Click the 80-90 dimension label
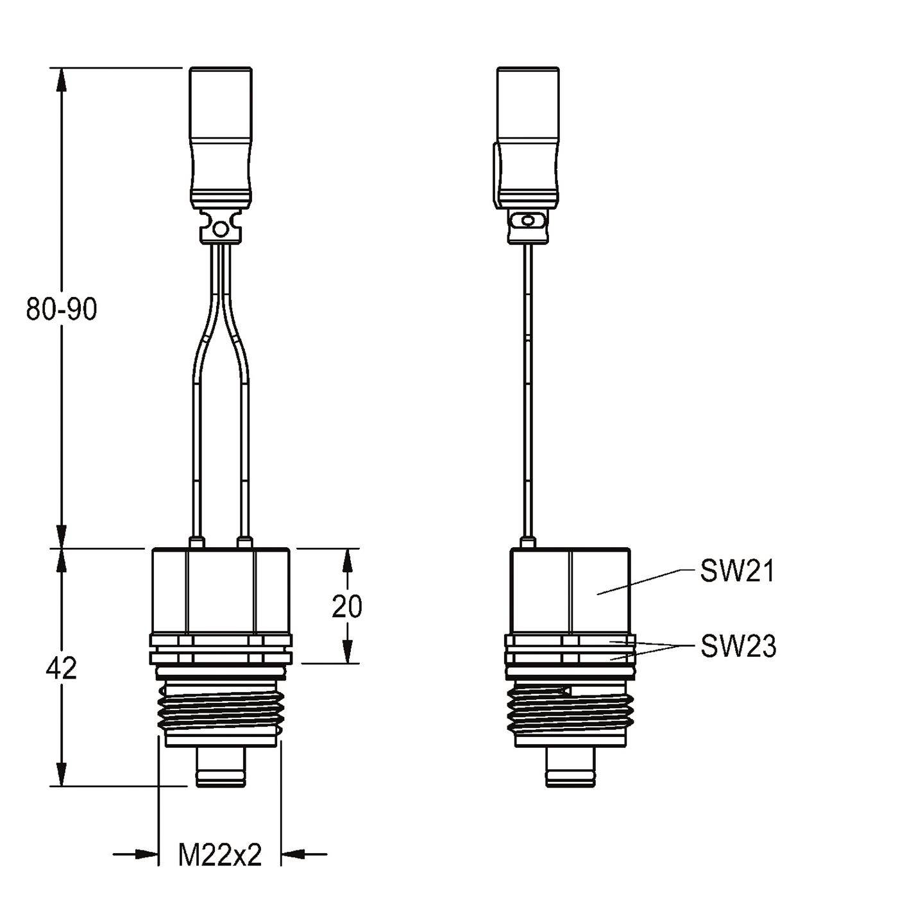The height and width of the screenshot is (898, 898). (62, 309)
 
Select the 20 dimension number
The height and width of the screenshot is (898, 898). (347, 607)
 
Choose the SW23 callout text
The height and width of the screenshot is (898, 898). (738, 646)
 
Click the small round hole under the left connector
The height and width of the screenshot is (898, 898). (220, 228)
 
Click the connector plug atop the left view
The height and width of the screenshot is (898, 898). (221, 137)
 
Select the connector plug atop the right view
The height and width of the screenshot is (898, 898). (527, 137)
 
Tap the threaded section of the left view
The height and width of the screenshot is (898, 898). (220, 709)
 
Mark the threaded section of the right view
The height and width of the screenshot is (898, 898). (570, 709)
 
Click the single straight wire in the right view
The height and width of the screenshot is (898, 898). (527, 389)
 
